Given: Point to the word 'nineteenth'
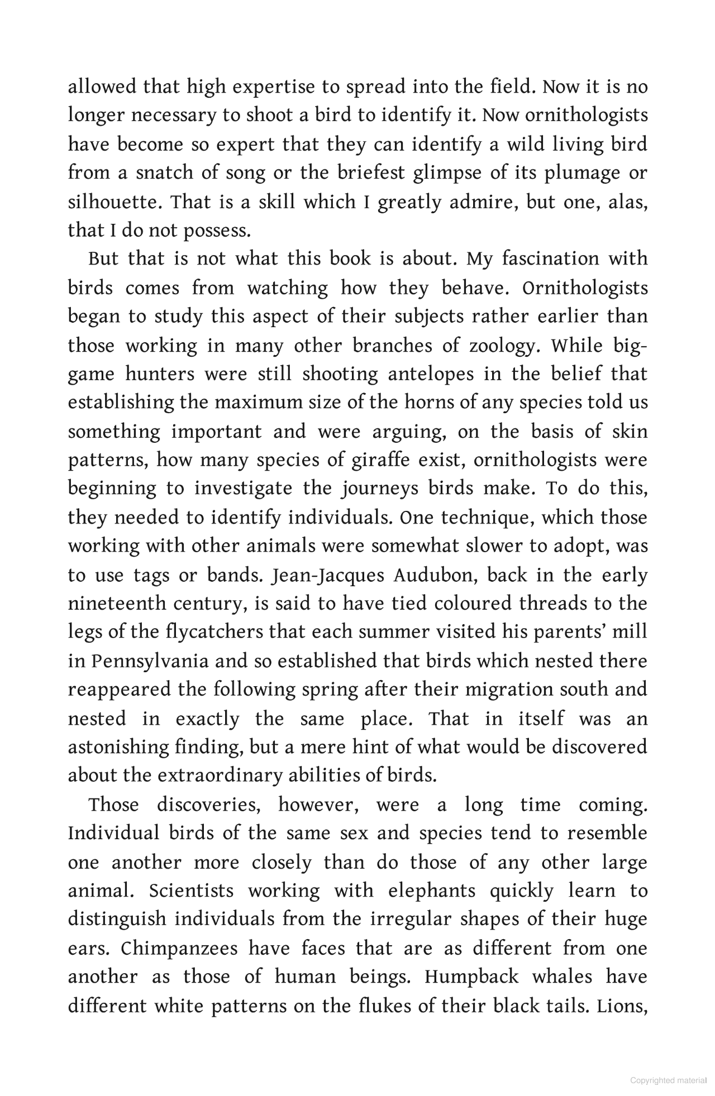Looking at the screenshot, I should pyautogui.click(x=117, y=604).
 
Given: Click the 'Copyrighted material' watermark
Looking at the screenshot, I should pyautogui.click(x=668, y=1080).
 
